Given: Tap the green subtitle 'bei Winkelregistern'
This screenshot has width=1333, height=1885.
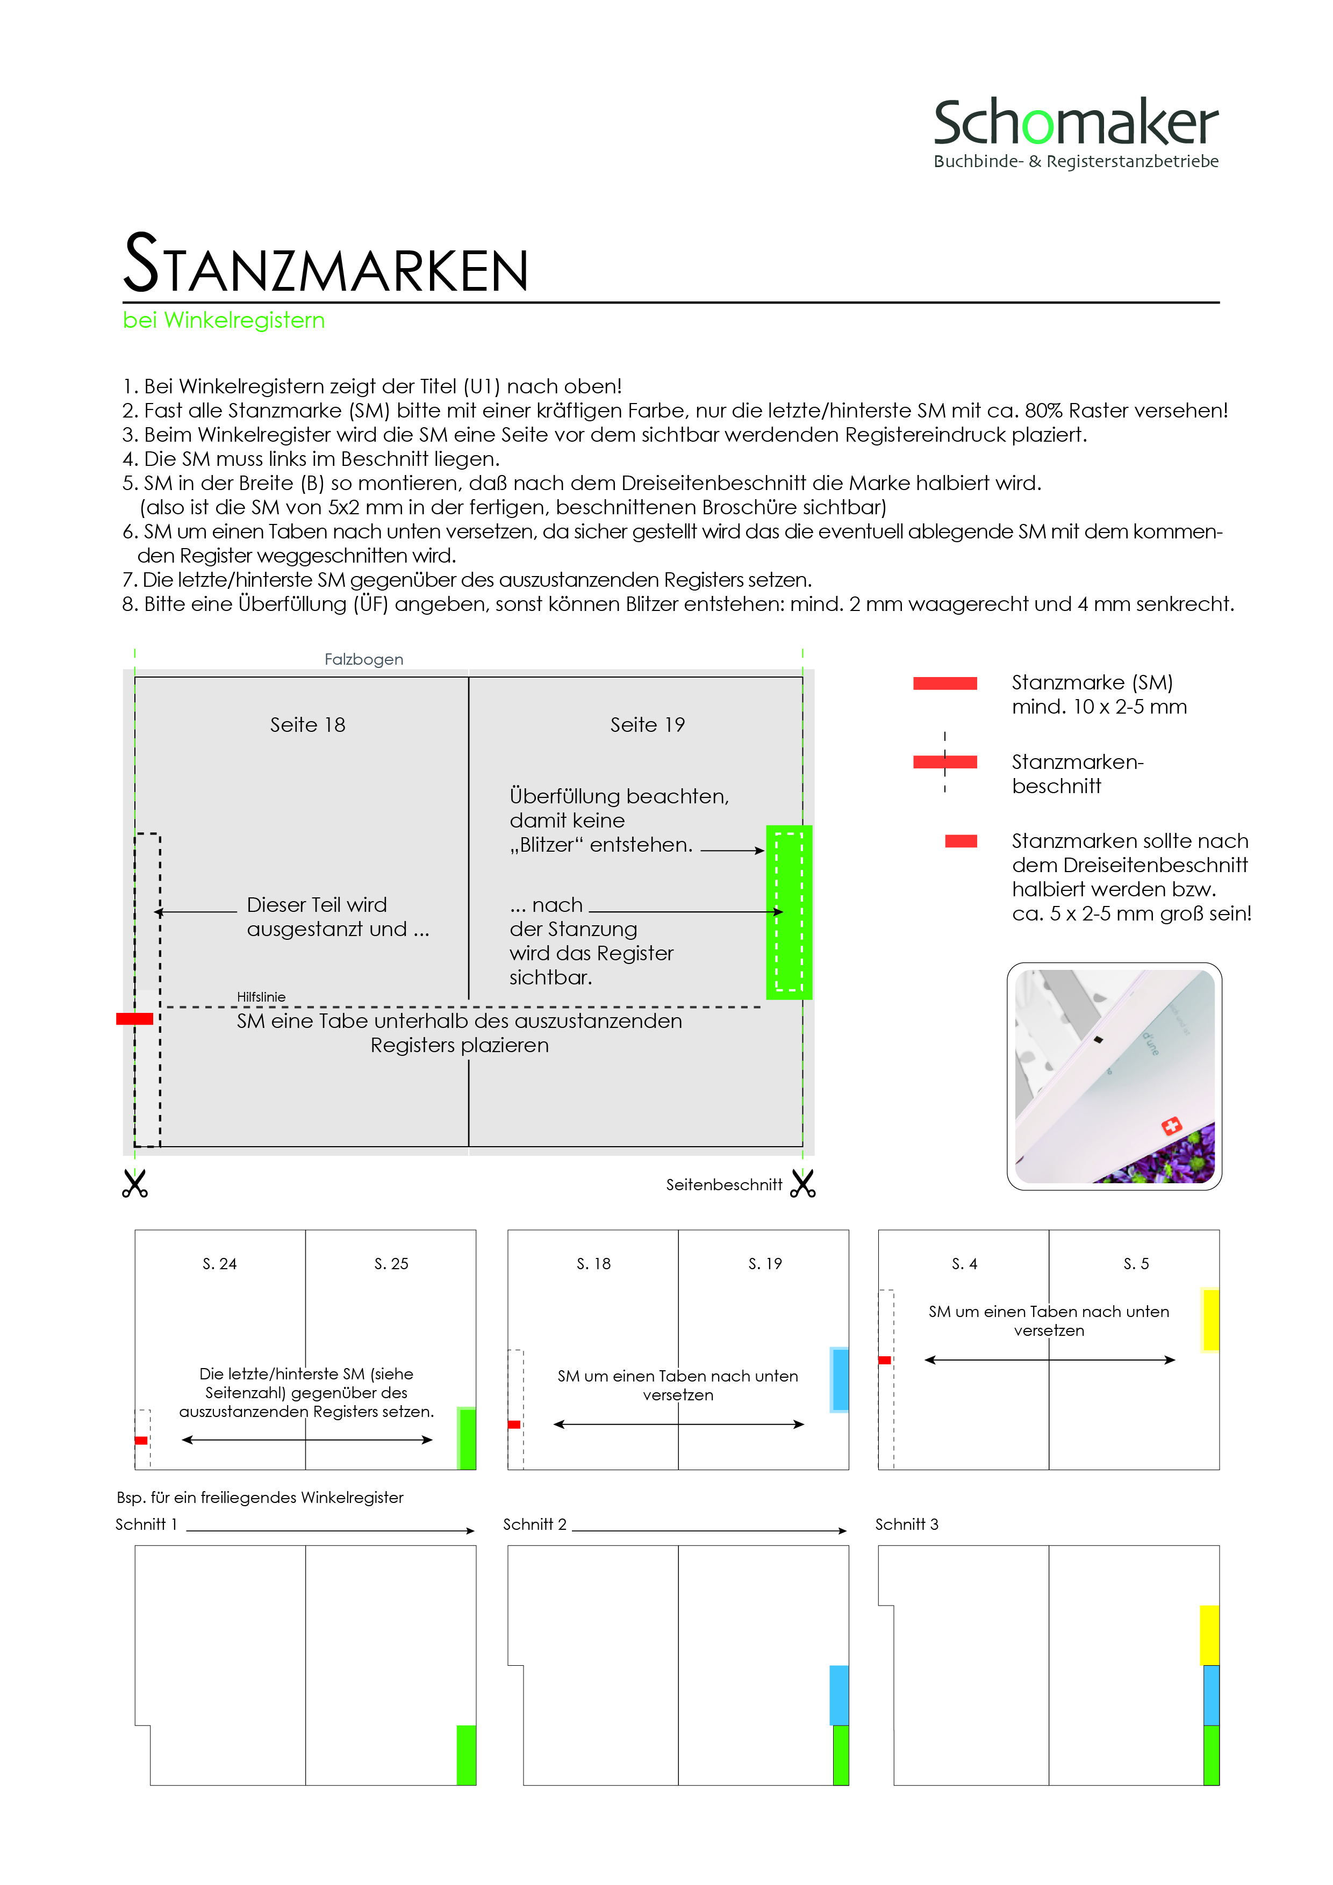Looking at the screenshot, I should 224,320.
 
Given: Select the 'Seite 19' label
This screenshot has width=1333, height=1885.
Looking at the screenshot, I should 647,724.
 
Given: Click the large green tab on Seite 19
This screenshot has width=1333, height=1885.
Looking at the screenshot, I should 789,911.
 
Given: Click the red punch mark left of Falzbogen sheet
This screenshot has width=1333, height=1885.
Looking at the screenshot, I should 135,1019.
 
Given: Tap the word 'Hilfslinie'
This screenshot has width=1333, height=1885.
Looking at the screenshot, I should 261,997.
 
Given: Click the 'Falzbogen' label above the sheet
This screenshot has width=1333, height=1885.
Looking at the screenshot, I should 364,659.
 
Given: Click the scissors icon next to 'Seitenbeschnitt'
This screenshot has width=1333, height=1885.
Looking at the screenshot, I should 802,1184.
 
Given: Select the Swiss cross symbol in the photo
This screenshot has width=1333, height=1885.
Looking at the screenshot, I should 1171,1126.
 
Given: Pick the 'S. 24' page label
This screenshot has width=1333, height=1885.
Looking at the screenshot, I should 219,1263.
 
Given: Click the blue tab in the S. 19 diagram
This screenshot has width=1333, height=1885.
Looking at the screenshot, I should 840,1379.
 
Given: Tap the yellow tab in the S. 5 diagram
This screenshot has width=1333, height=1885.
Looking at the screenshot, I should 1210,1319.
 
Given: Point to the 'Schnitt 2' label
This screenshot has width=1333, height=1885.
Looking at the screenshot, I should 535,1524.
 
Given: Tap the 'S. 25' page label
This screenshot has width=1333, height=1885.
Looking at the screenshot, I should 391,1263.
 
